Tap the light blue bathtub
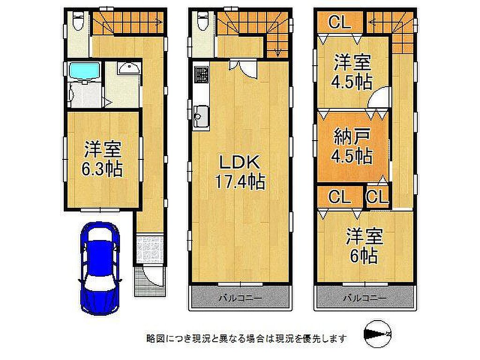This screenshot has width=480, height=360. [85, 71]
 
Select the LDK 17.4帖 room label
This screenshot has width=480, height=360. [240, 172]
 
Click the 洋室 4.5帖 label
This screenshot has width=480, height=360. [352, 71]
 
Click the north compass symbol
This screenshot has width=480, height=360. [378, 334]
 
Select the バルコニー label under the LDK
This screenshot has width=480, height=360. [240, 298]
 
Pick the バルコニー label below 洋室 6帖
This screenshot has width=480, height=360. [365, 298]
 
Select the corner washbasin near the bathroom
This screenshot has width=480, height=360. [129, 68]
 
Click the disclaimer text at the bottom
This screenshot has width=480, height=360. [247, 338]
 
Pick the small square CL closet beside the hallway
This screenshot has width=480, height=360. [377, 197]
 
